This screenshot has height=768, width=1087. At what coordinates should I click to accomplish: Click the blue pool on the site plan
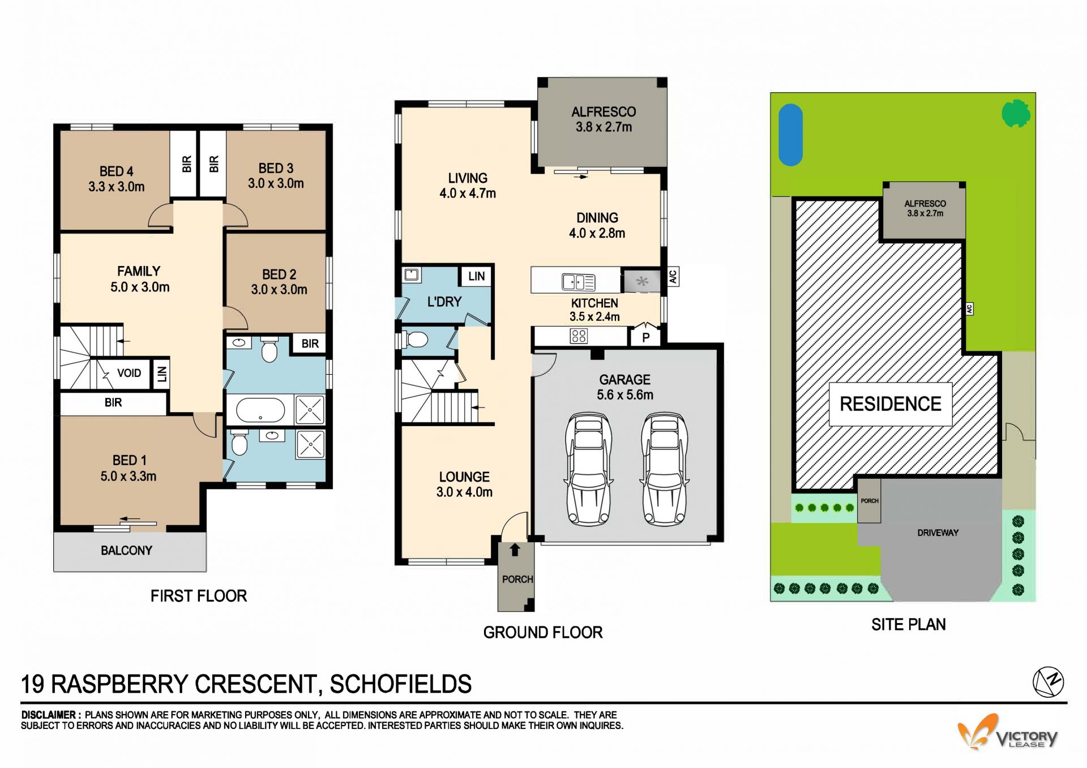click(790, 135)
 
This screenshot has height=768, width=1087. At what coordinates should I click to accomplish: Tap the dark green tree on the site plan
click(1016, 114)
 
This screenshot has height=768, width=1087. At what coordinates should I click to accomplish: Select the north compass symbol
click(1048, 681)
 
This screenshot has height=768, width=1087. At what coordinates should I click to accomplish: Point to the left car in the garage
click(588, 469)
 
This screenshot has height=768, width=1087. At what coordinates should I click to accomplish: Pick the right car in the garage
click(665, 469)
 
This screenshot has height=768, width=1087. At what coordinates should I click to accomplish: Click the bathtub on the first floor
click(260, 410)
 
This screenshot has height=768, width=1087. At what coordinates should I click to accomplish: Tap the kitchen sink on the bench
click(578, 281)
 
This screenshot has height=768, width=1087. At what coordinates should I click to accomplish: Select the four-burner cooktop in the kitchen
click(579, 336)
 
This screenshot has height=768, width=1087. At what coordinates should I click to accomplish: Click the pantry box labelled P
click(645, 337)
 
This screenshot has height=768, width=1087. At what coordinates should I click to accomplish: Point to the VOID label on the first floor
click(129, 373)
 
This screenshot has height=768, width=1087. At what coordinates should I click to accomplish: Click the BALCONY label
click(126, 551)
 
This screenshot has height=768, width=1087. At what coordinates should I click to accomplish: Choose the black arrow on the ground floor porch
click(515, 550)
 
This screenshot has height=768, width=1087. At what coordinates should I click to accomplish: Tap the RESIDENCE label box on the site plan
click(891, 404)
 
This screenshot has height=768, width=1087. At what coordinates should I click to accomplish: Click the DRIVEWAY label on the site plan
click(938, 533)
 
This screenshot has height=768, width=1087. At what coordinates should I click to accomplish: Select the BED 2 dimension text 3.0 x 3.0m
click(279, 290)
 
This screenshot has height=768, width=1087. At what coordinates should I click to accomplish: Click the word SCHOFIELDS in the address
click(401, 684)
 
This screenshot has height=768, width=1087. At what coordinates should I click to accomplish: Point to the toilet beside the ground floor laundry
click(414, 340)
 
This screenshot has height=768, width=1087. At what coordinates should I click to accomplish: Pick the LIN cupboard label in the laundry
click(477, 276)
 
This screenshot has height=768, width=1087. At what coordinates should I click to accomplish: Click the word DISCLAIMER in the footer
click(48, 715)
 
